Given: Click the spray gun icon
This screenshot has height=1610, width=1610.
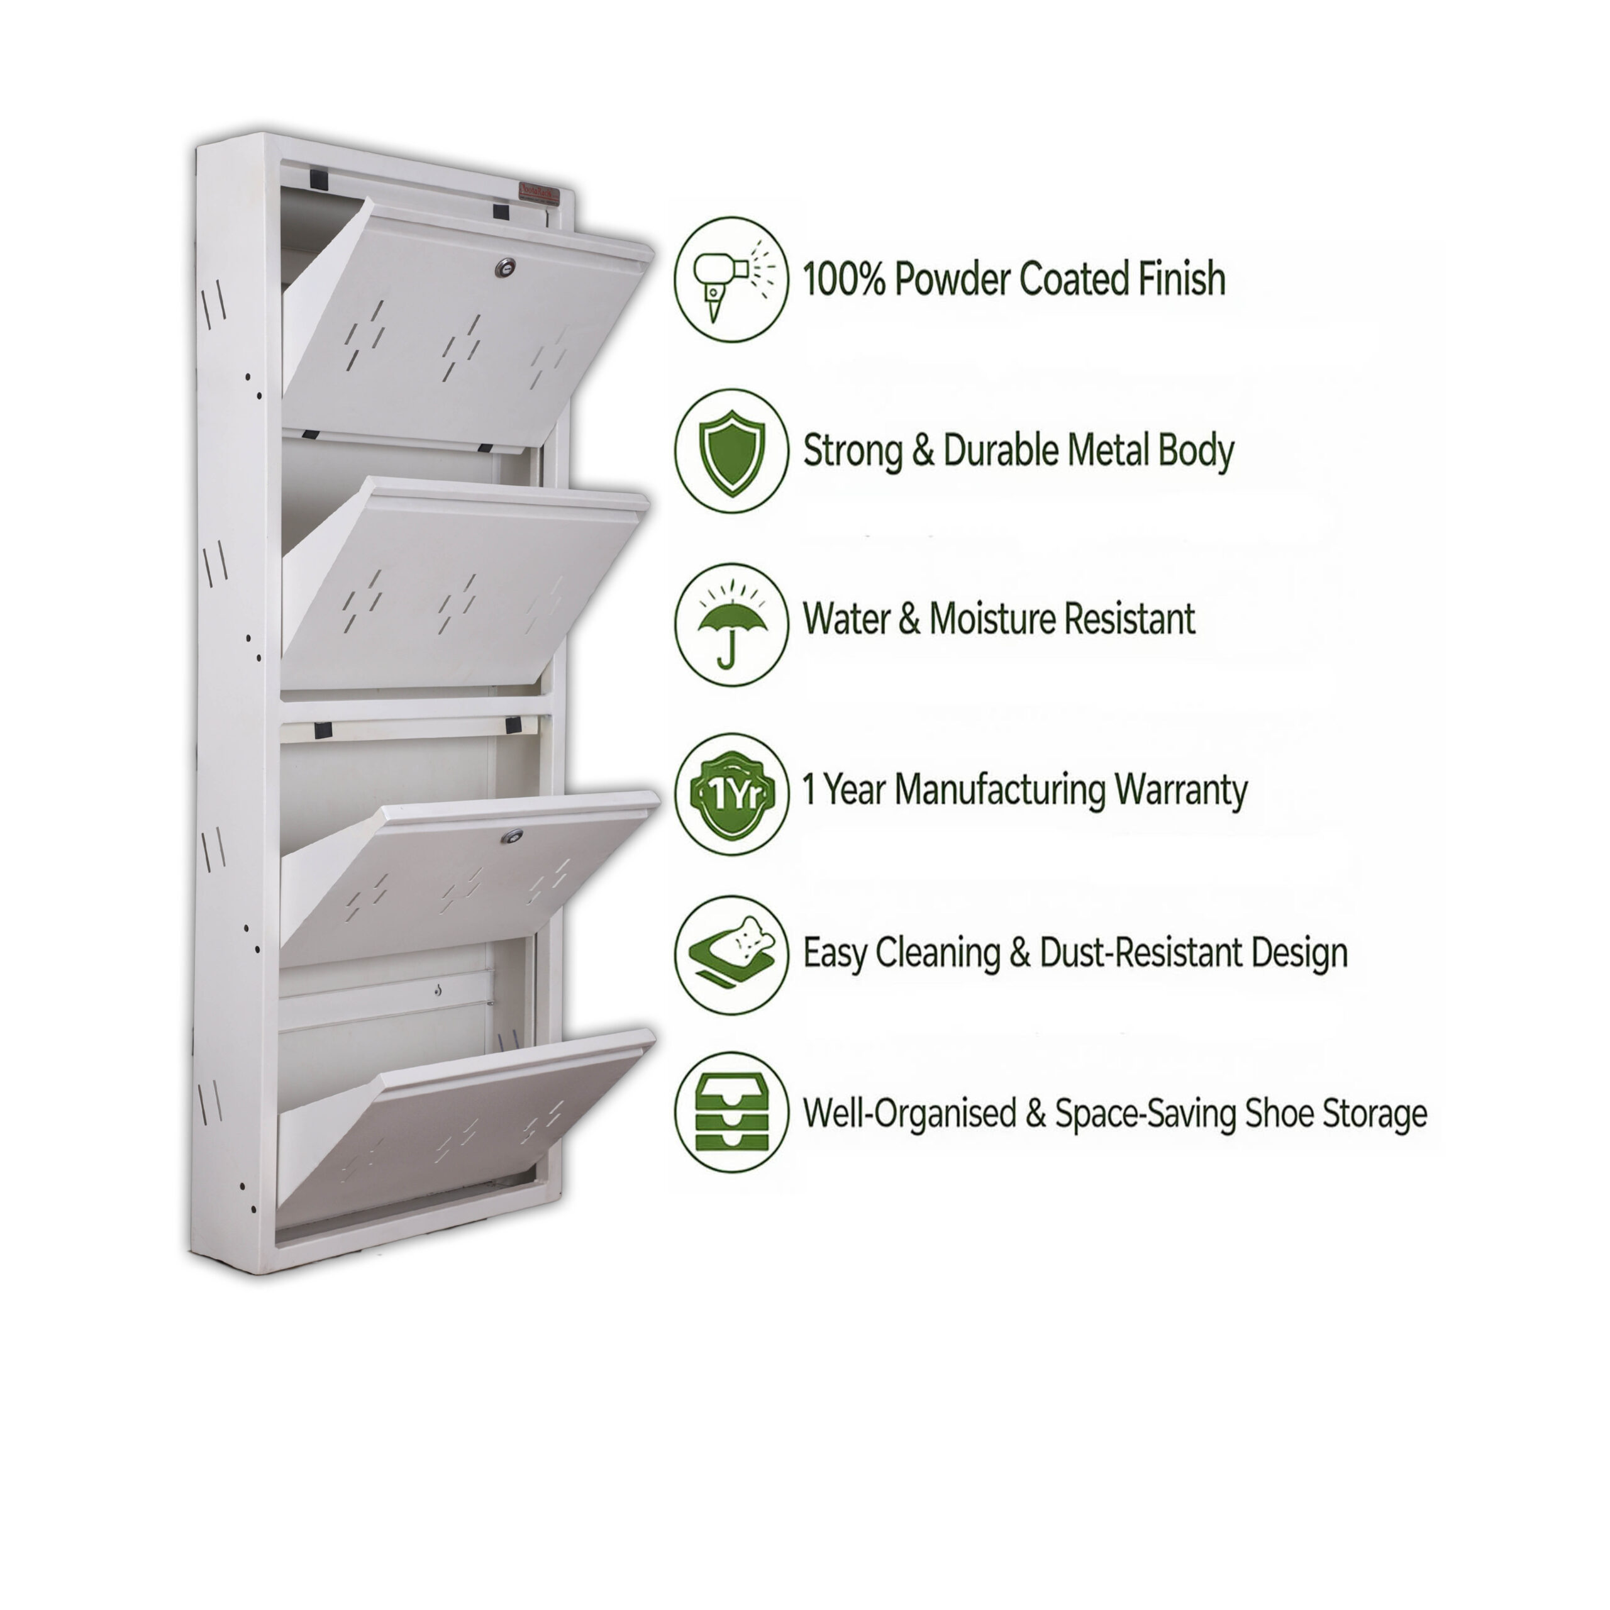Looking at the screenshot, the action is pyautogui.click(x=731, y=279).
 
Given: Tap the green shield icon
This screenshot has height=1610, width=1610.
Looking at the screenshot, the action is pyautogui.click(x=731, y=451).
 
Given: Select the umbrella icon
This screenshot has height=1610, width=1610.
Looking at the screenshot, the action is pyautogui.click(x=731, y=625).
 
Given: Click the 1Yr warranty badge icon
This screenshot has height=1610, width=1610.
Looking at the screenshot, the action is pyautogui.click(x=731, y=794).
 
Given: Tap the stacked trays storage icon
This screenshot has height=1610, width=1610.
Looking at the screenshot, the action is pyautogui.click(x=731, y=1113).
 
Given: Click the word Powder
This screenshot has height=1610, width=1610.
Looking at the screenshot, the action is pyautogui.click(x=951, y=279).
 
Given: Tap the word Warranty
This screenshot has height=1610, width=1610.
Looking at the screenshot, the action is pyautogui.click(x=1181, y=790).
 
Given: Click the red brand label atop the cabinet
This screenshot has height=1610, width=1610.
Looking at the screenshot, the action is pyautogui.click(x=540, y=193).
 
